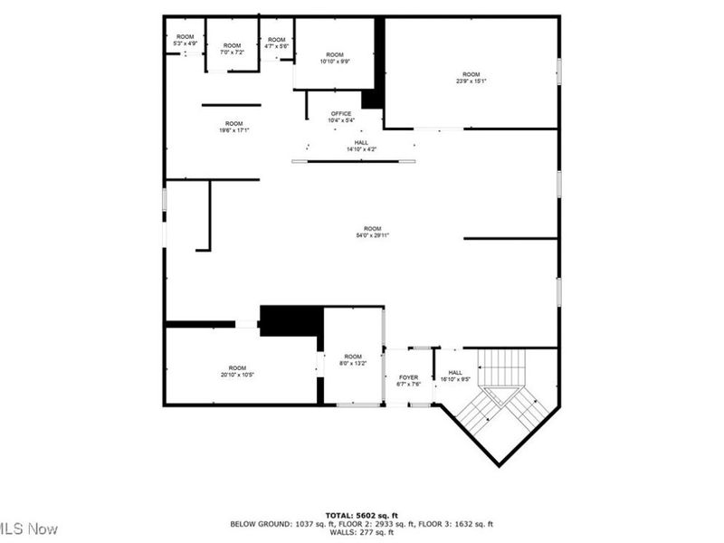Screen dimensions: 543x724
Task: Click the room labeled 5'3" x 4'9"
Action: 185,40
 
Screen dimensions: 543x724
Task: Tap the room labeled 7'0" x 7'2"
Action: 233,49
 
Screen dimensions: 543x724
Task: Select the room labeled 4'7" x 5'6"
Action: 276,43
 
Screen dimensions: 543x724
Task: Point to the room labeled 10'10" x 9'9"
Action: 335,57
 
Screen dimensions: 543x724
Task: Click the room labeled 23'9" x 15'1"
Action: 471,77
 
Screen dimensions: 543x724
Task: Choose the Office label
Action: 340,116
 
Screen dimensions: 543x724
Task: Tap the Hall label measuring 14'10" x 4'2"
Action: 361,146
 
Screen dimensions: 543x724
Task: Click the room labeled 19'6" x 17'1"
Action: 233,127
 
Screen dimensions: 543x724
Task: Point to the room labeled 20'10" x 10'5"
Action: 237,370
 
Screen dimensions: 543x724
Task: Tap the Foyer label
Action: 409,379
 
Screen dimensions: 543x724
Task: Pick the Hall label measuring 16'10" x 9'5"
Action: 455,375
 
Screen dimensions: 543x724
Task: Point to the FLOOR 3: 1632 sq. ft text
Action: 459,524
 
